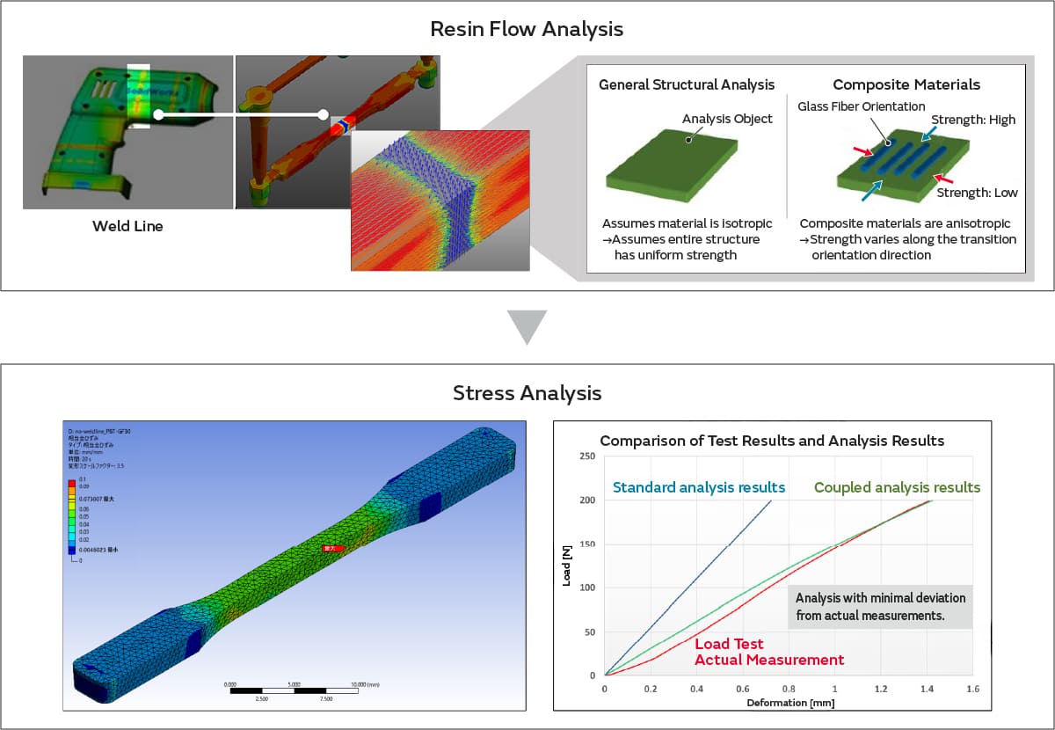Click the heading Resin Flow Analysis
(527, 29)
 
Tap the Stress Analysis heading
(527, 392)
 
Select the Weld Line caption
(127, 226)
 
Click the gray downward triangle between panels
(527, 326)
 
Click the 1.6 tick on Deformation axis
(972, 689)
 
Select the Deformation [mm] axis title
(789, 703)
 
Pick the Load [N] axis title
(567, 566)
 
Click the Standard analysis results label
(699, 487)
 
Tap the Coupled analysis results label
(897, 487)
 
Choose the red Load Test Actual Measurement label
(769, 652)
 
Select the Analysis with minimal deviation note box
(879, 607)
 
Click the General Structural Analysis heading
(687, 85)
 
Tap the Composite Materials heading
(906, 85)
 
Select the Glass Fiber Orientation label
(848, 106)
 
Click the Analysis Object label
(727, 119)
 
